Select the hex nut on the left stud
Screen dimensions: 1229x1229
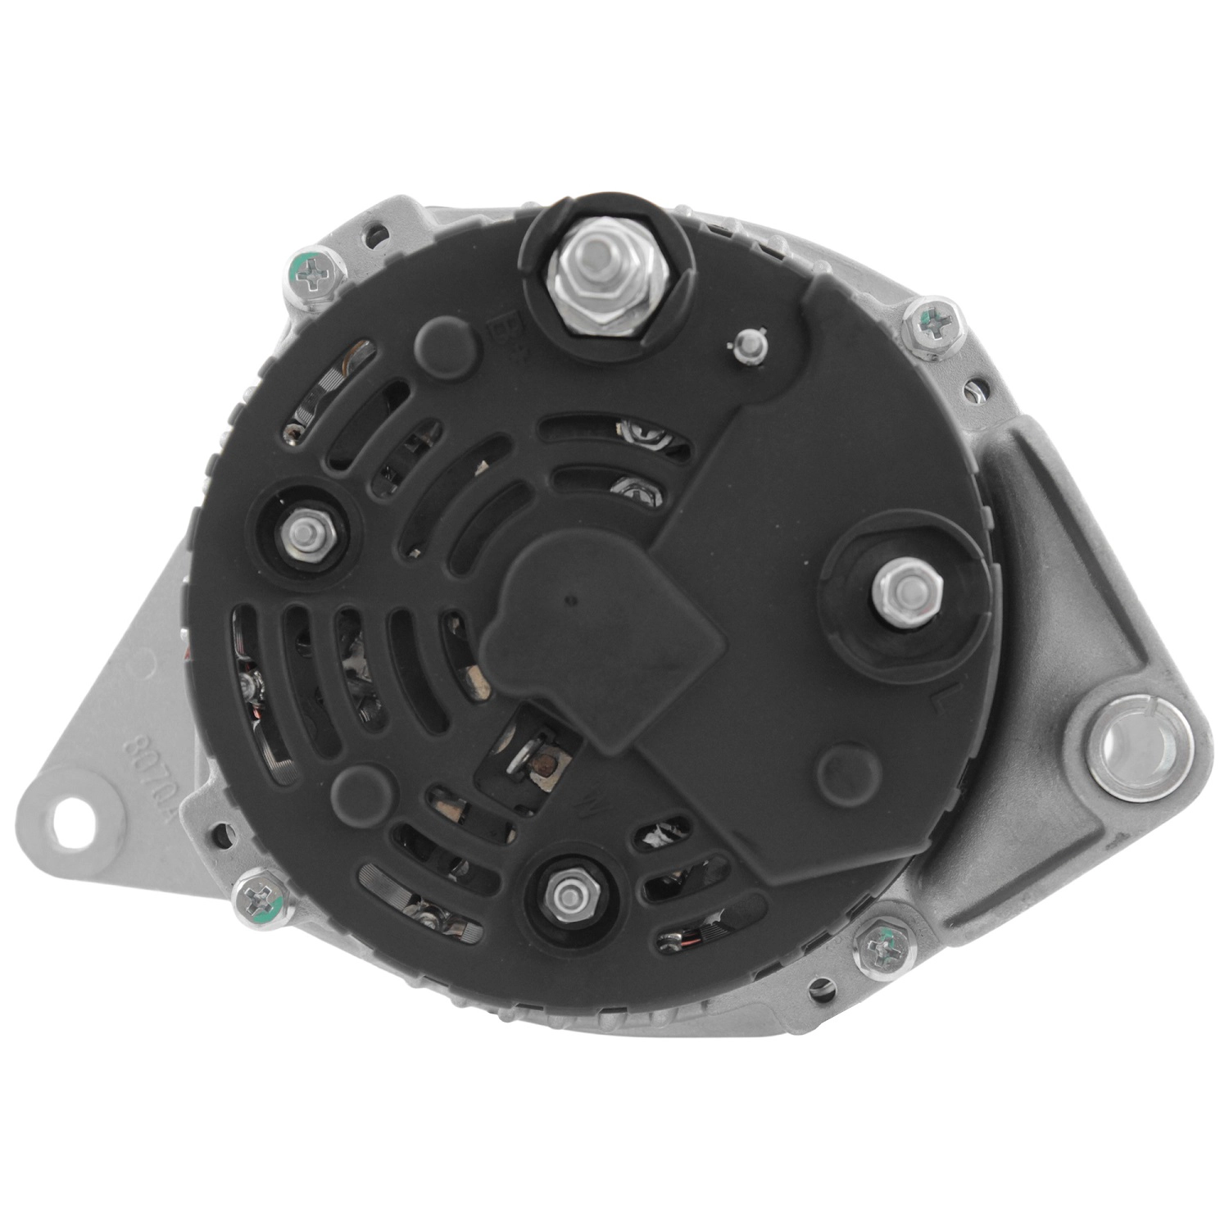point(305,531)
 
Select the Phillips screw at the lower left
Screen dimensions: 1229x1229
point(260,904)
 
